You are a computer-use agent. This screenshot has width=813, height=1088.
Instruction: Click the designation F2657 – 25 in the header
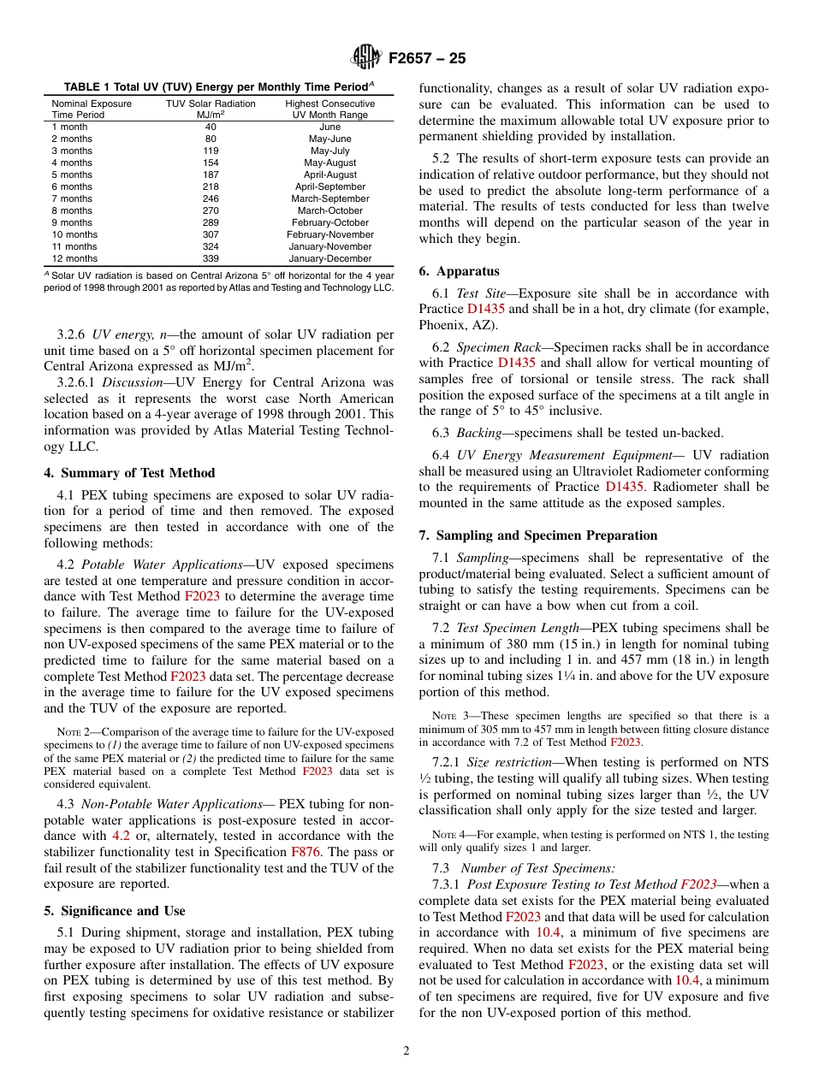(x=427, y=59)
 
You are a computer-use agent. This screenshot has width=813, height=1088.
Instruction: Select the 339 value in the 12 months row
(x=211, y=258)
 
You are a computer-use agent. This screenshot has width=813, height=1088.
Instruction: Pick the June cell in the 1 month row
(x=329, y=127)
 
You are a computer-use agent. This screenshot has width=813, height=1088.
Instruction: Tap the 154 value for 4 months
(x=211, y=163)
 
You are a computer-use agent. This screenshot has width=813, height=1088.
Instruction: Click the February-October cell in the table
(x=329, y=222)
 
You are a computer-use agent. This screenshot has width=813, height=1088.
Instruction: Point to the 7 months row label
(x=72, y=198)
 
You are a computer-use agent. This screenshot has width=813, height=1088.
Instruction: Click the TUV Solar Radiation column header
(x=211, y=103)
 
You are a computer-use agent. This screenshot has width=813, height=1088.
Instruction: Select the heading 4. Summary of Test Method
(x=129, y=473)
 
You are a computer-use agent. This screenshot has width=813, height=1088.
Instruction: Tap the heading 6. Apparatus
(x=459, y=271)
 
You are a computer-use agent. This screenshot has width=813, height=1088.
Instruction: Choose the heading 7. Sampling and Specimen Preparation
(x=538, y=535)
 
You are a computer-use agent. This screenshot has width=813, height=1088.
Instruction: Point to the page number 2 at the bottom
(x=406, y=1051)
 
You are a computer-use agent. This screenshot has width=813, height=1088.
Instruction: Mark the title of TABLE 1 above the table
(x=218, y=86)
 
